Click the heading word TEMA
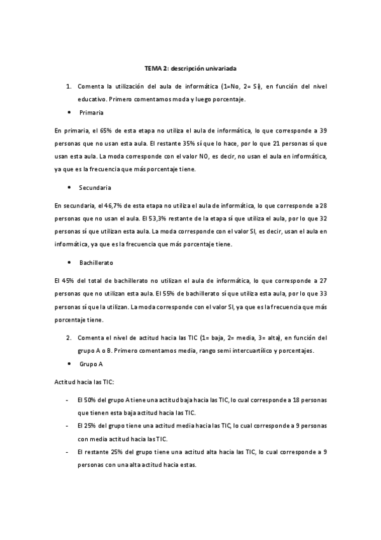[x=153, y=67]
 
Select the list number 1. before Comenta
[x=69, y=85]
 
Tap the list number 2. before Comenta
[x=69, y=337]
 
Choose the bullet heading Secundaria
[x=95, y=188]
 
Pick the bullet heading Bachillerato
[x=98, y=262]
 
